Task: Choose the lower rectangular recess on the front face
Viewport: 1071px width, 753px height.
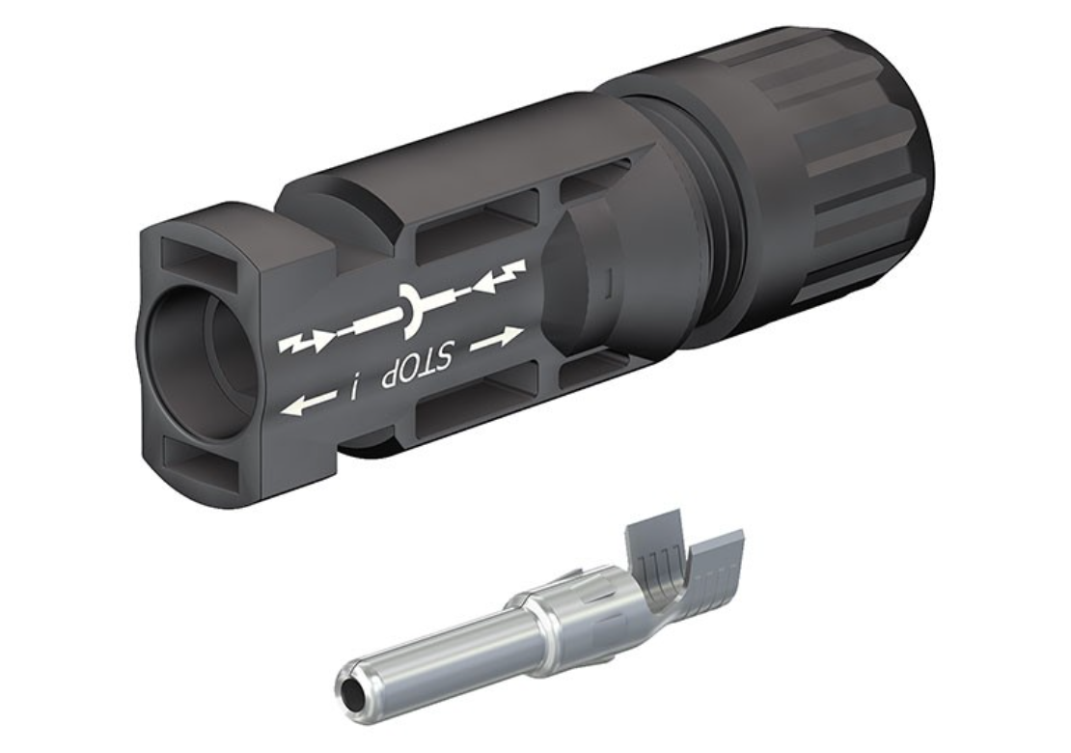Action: (x=203, y=457)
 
